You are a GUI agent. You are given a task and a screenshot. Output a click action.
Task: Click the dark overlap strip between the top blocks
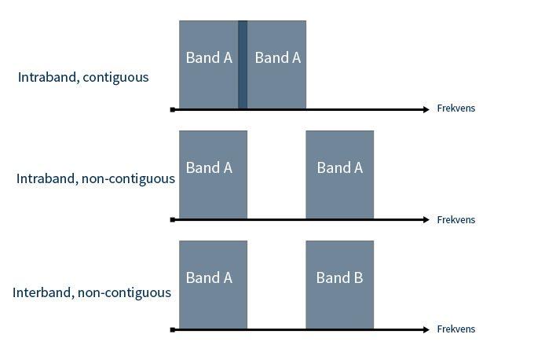pos(243,64)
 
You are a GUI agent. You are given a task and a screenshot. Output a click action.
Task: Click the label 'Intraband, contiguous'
pos(83,77)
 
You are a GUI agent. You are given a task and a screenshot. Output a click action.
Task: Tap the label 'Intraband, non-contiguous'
pos(95,178)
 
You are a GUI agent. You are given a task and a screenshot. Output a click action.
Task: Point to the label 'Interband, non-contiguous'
pos(92,292)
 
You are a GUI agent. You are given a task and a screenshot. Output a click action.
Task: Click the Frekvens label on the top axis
pos(455,108)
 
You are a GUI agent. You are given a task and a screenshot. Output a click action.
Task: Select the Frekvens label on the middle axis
pos(455,220)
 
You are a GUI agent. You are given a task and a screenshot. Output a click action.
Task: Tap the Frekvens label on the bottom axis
pos(455,329)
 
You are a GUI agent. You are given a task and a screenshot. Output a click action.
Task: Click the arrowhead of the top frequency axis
pos(426,109)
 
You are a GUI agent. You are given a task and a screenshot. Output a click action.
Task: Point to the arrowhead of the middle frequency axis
pos(426,220)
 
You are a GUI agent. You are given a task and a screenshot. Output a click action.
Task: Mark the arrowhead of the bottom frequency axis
pos(426,330)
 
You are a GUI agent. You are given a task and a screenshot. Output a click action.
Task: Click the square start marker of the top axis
pos(173,110)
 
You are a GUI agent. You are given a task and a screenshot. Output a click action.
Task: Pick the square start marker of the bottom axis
pos(173,330)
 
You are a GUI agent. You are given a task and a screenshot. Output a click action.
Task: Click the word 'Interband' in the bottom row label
pos(42,292)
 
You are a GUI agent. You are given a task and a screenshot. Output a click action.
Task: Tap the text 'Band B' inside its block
pos(339,277)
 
